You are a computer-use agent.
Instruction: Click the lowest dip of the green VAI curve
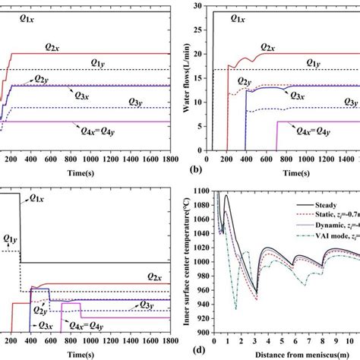click(x=236, y=308)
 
